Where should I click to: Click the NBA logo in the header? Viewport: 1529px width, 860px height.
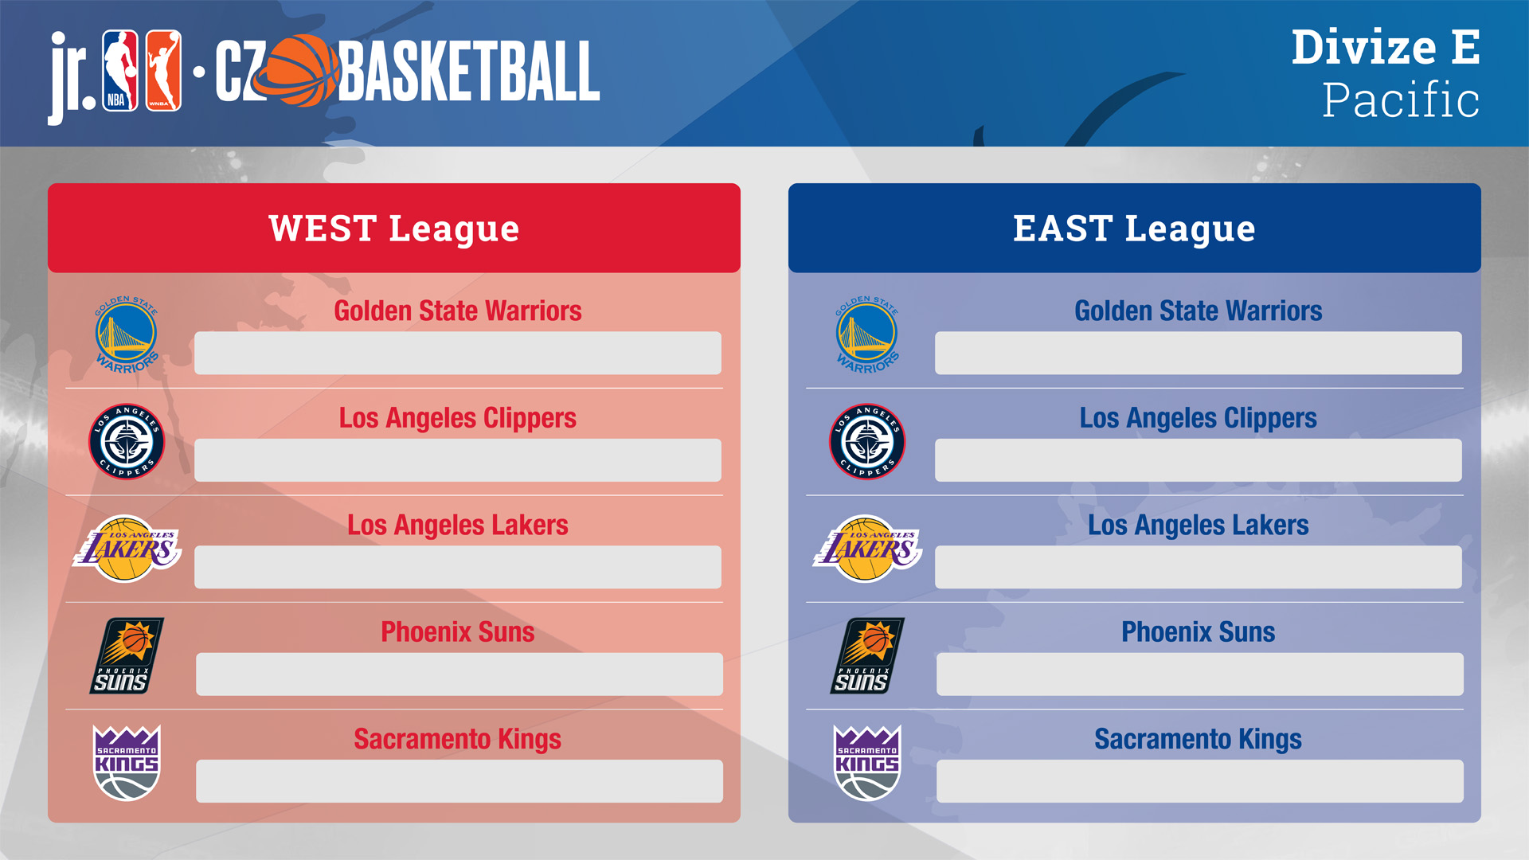tap(120, 71)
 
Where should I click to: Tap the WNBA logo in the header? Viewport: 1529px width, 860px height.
tap(163, 71)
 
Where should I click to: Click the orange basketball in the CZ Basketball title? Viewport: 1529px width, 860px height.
tap(297, 71)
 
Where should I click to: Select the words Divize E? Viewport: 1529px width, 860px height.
tap(1386, 47)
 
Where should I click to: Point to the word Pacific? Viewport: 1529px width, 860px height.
tap(1401, 100)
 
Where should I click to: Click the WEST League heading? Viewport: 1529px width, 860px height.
tap(394, 229)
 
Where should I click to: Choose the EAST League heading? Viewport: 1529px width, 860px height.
tap(1134, 229)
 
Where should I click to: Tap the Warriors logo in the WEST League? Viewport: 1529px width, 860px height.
tap(127, 334)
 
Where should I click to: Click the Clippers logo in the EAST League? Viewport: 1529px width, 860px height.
tap(867, 441)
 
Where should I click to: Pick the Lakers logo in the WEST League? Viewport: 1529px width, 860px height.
tap(127, 548)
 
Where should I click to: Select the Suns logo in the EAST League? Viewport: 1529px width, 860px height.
tap(866, 655)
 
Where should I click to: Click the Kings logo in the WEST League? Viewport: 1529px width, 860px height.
tap(127, 762)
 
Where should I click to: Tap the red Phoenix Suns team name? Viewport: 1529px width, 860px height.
tap(458, 632)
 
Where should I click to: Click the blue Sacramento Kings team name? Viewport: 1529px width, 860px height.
tap(1198, 740)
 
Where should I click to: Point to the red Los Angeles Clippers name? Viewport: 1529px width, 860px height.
tap(458, 419)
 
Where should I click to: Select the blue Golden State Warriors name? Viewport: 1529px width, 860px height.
tap(1198, 311)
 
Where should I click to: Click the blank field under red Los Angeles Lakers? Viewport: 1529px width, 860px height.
tap(458, 567)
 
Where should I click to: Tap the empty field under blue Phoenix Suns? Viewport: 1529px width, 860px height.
tap(1199, 674)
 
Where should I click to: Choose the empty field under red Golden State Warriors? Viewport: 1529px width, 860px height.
tap(458, 353)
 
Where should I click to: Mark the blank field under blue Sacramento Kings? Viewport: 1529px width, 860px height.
tap(1199, 781)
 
